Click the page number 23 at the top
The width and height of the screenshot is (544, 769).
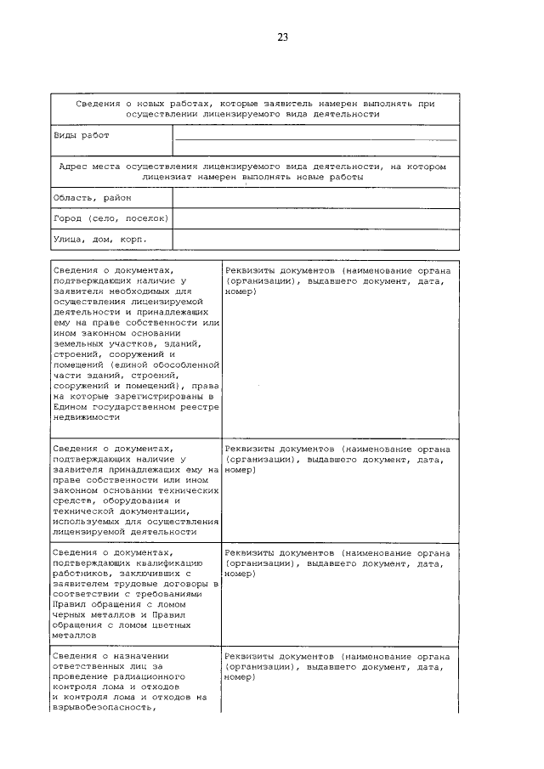(282, 37)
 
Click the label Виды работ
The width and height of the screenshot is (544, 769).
(81, 135)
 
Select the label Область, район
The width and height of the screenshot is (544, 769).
(87, 197)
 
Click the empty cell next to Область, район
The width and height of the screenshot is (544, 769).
(315, 197)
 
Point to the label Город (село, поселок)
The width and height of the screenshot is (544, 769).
(110, 218)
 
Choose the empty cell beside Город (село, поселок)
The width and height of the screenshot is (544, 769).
(315, 218)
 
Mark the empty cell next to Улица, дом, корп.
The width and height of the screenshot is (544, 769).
(315, 240)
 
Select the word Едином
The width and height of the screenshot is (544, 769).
(71, 406)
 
